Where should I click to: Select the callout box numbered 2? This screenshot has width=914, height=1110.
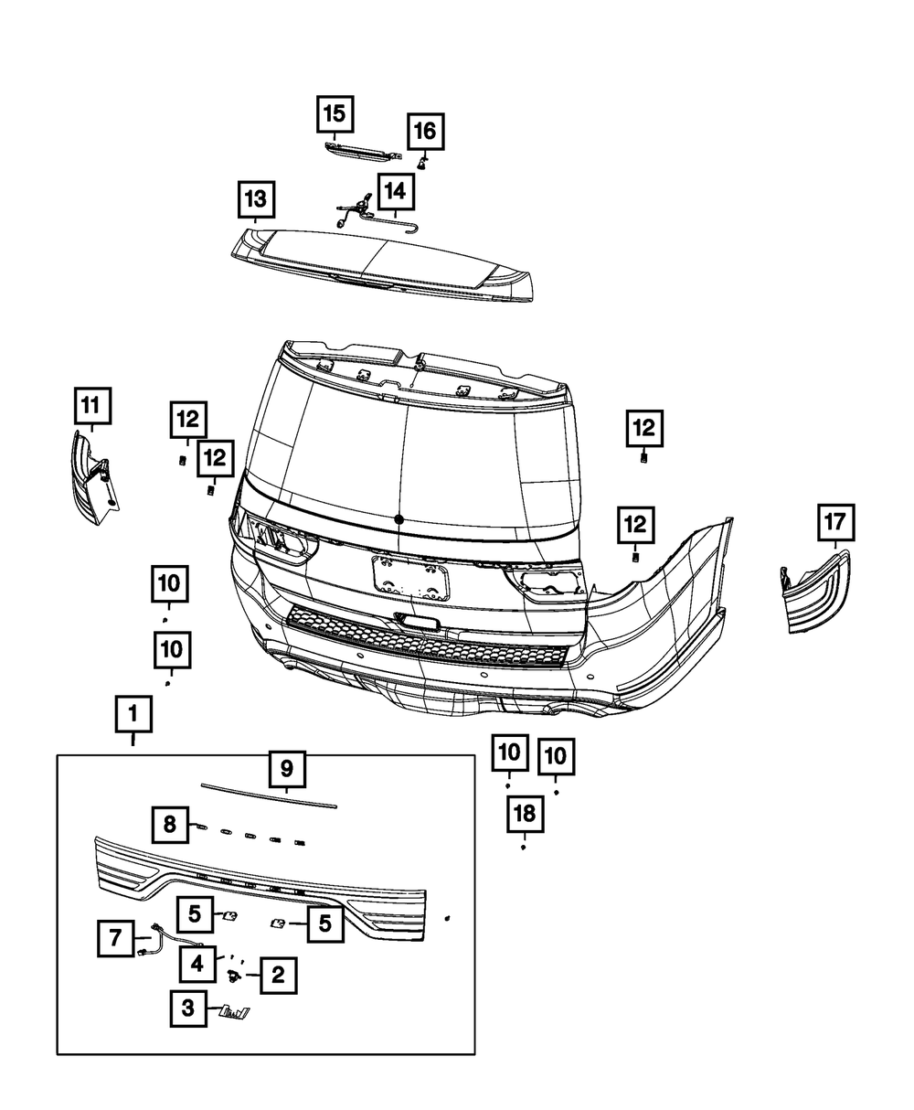tap(279, 976)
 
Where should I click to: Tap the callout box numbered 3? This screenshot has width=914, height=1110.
tap(188, 1009)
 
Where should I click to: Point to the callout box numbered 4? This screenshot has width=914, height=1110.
tap(198, 963)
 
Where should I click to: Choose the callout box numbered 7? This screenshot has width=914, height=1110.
tap(116, 939)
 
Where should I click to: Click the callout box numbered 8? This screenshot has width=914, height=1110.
tap(171, 824)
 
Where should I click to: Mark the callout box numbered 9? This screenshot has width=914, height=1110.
tap(286, 769)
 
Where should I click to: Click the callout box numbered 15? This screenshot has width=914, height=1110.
tap(335, 114)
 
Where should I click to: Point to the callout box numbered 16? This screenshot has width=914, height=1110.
tap(425, 133)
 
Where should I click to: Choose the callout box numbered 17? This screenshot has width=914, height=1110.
tap(834, 524)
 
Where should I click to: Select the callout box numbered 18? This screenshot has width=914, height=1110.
tap(526, 813)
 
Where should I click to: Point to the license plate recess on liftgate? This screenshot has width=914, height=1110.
tap(410, 578)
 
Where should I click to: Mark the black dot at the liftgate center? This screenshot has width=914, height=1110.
tap(399, 519)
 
